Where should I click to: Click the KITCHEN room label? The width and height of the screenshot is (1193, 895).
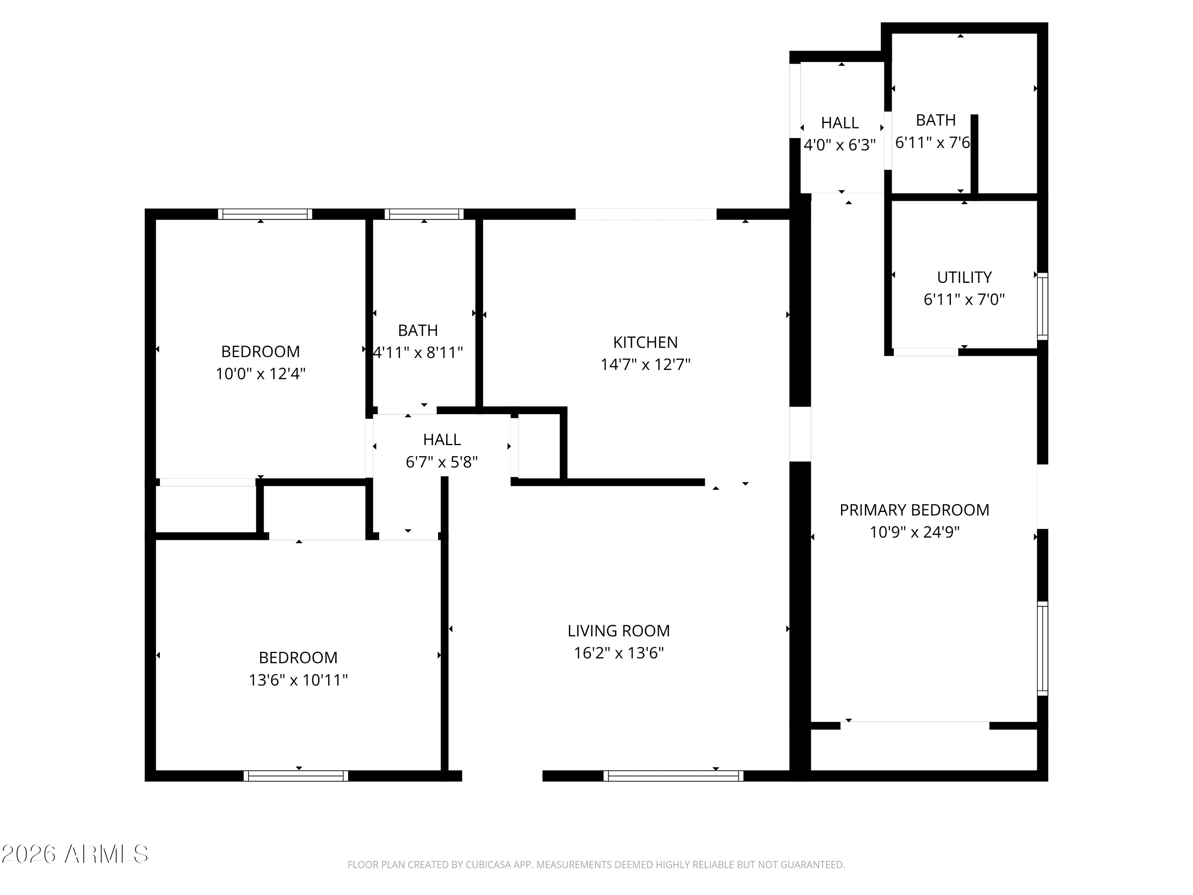[645, 342]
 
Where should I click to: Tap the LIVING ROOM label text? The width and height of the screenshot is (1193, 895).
[619, 630]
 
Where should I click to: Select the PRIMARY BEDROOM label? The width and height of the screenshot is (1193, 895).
[914, 510]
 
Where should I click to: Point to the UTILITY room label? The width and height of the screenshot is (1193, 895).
[964, 277]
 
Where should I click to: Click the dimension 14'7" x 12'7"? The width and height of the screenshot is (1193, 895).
[645, 365]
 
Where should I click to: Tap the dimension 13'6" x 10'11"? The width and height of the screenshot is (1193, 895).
[298, 680]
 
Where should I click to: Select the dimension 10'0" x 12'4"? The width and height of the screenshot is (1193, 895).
[260, 374]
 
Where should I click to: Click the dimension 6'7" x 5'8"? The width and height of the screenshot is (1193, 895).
[442, 462]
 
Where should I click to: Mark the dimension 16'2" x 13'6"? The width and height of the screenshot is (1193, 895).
[619, 653]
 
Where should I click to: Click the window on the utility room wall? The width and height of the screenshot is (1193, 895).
[1043, 306]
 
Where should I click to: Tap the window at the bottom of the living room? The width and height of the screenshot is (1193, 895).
[673, 776]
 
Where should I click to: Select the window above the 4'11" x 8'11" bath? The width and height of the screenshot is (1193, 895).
[424, 214]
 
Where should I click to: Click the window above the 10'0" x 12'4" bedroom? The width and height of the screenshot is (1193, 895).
[265, 214]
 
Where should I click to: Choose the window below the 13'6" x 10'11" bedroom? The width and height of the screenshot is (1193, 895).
[295, 776]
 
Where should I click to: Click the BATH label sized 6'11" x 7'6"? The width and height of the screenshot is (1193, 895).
[936, 120]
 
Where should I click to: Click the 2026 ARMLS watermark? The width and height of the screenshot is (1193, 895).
[75, 854]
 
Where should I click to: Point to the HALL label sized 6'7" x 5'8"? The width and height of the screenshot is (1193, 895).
[442, 440]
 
